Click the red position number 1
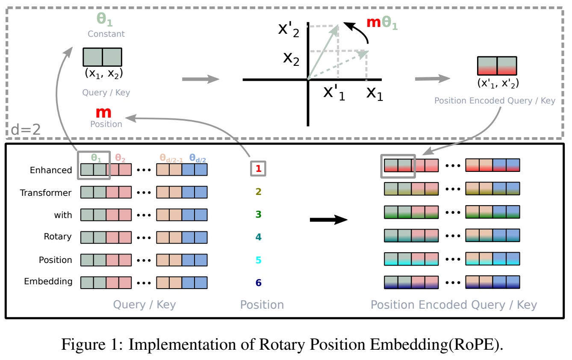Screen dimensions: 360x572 point(258,169)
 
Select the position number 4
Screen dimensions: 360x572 point(258,237)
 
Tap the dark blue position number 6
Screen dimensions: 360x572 point(258,283)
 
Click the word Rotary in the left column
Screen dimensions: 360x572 point(57,236)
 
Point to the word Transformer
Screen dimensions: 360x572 point(46,193)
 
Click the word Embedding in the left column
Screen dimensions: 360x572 point(48,282)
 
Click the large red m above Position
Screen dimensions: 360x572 point(103,113)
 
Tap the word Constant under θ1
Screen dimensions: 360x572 point(106,34)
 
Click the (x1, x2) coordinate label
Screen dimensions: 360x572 point(104,74)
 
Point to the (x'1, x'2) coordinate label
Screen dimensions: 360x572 point(498,83)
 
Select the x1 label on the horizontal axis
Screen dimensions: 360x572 point(374,93)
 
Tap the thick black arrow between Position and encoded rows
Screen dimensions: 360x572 point(328,220)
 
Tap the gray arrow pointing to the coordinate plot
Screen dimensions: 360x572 point(200,79)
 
